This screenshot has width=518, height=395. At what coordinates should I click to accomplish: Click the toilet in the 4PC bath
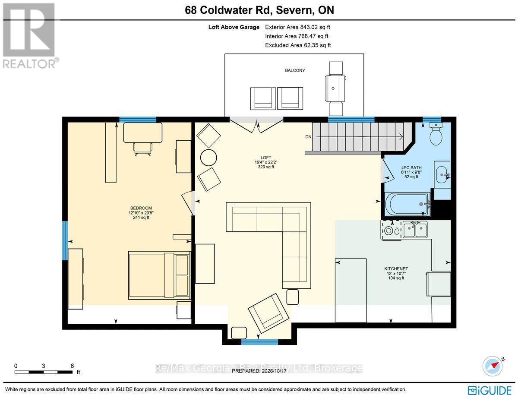pos(436,134)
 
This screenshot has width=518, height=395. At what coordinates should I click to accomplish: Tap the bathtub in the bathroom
pos(407,204)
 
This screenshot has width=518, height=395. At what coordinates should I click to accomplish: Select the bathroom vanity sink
pos(442,174)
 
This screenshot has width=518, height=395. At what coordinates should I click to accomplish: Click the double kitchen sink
pos(415,229)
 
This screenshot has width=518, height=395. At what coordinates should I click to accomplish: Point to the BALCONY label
pos(295,70)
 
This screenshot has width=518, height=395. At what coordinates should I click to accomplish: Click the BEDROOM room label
pos(141,208)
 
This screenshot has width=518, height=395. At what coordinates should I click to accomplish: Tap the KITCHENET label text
pos(396,269)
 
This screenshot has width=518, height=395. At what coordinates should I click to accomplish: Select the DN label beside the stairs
pos(308,136)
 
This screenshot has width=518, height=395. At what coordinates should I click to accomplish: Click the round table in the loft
pos(208,158)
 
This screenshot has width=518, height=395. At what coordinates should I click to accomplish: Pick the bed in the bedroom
pos(159,275)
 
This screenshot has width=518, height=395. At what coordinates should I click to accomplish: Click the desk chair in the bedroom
pos(142,149)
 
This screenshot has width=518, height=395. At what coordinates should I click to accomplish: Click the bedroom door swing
pos(188,203)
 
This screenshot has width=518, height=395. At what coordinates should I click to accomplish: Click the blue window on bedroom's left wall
pos(65,240)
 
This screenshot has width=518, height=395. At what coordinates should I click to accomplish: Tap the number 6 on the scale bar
pos(72,366)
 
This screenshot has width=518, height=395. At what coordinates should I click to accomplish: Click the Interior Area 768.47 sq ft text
pos(297,36)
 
